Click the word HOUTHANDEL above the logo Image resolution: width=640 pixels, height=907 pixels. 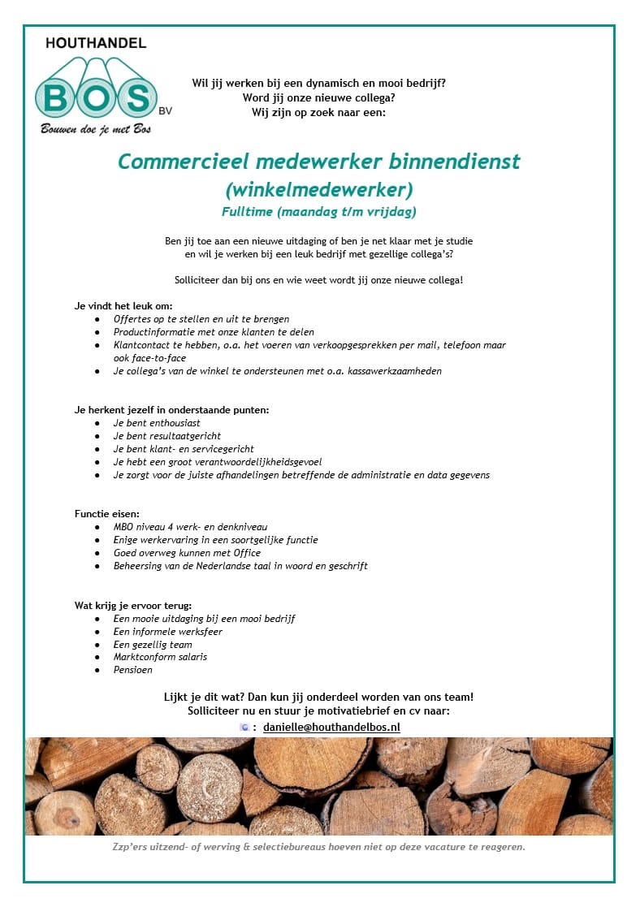coord(96,43)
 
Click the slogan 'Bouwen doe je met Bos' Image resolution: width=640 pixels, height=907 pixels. coord(96,128)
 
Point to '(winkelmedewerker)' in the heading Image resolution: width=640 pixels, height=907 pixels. coord(319,189)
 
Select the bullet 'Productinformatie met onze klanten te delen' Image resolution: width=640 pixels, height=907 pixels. coord(214,332)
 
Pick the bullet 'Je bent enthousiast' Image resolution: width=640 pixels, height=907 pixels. coord(157,423)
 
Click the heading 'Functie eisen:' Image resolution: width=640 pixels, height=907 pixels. coord(107,514)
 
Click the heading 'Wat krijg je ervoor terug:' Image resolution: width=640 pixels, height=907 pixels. coord(133,605)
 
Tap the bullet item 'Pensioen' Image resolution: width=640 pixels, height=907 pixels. coord(133,670)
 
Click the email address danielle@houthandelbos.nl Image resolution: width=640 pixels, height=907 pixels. coord(331,728)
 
